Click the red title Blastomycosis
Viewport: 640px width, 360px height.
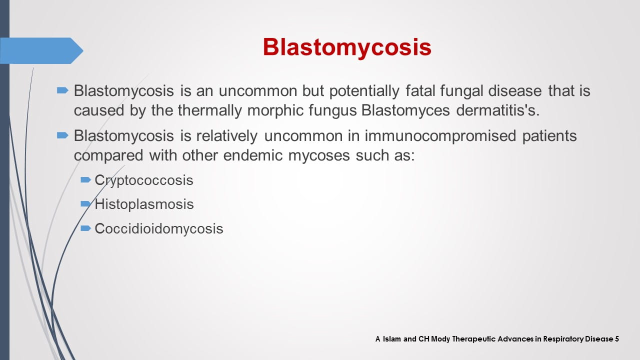(x=346, y=47)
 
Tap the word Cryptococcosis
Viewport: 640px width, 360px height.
(x=144, y=180)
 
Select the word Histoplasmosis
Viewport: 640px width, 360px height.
(x=144, y=204)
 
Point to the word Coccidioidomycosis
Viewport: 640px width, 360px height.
(x=159, y=228)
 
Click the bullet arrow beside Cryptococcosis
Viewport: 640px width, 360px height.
(x=85, y=179)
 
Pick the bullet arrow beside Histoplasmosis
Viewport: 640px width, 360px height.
(x=85, y=203)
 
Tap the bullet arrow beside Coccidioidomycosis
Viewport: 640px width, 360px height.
(x=85, y=228)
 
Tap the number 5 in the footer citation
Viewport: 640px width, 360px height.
(x=617, y=339)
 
